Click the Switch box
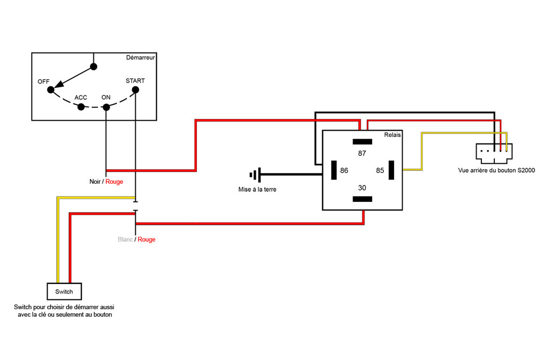click(x=64, y=291)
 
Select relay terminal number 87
click(x=362, y=153)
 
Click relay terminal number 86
click(x=344, y=171)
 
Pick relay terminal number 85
click(x=380, y=171)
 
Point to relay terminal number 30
click(x=362, y=187)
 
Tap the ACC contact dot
click(x=81, y=107)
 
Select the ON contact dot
click(x=106, y=107)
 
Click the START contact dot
click(x=135, y=90)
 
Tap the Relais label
click(x=392, y=135)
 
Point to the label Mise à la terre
click(x=258, y=190)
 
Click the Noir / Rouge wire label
click(x=106, y=182)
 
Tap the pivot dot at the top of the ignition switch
click(x=94, y=67)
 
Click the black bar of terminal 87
click(x=362, y=142)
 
